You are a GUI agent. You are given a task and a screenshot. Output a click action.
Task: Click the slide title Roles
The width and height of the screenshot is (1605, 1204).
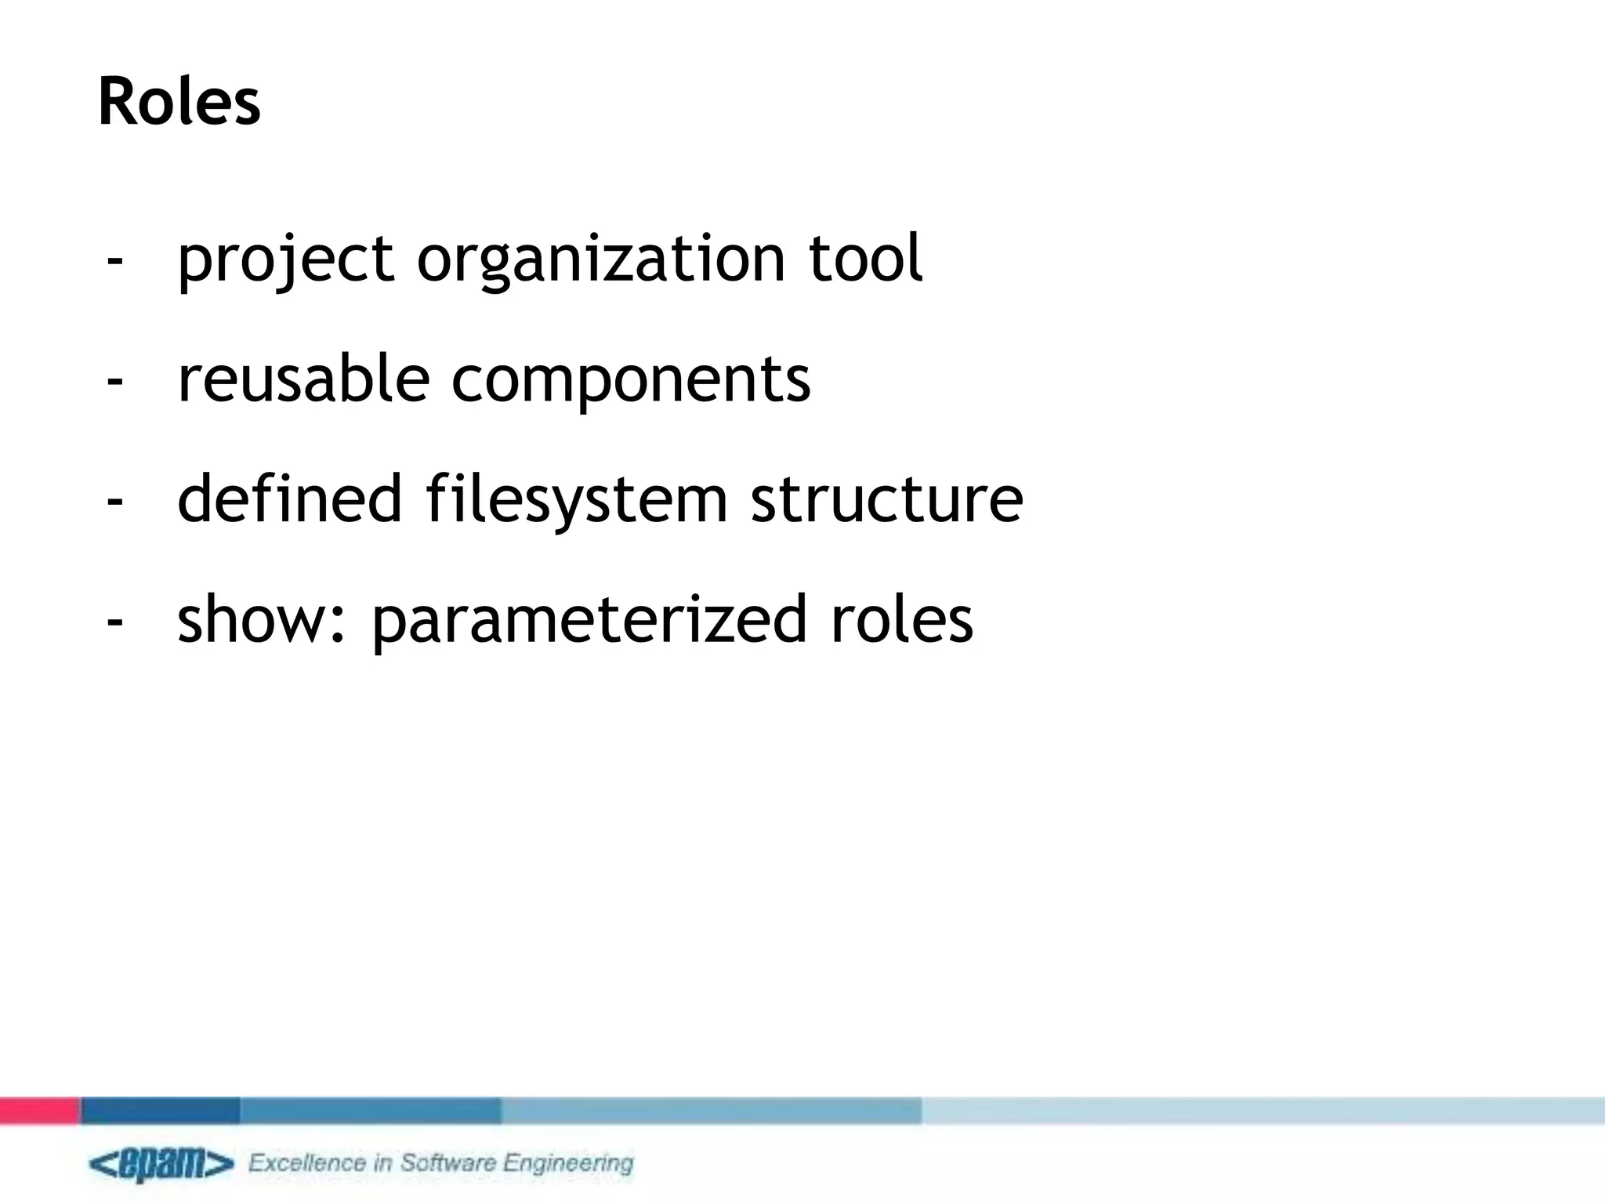[x=179, y=103]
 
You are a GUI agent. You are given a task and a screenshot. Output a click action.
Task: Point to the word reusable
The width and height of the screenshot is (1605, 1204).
[x=304, y=379]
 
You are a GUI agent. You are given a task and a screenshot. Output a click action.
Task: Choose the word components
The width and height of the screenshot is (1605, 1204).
[x=631, y=381]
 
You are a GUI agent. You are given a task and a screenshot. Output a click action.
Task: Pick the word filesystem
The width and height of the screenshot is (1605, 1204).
[x=577, y=500]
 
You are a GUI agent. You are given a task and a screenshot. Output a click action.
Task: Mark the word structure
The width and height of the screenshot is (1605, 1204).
[x=886, y=500]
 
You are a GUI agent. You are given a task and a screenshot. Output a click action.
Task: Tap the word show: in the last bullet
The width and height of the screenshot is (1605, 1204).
[x=262, y=619]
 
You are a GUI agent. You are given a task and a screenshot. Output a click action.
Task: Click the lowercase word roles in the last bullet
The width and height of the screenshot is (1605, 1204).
[x=902, y=619]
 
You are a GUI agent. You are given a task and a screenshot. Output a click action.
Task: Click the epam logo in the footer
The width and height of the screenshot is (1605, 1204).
[x=161, y=1164]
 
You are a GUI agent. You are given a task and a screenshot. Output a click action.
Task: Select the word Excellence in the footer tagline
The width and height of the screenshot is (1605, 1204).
[x=307, y=1162]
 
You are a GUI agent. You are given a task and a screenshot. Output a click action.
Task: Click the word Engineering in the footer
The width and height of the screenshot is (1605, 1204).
[x=568, y=1164]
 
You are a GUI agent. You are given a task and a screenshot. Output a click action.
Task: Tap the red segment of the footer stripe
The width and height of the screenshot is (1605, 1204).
[x=39, y=1110]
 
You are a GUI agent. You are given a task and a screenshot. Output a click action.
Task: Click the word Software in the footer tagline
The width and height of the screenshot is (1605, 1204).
[x=449, y=1162]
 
